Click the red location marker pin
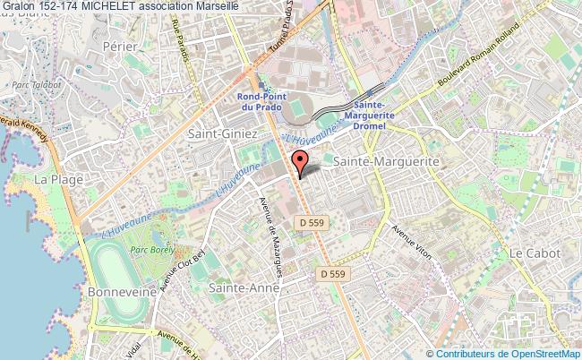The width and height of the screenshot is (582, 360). (x=300, y=162)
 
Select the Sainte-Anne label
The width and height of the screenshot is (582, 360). (x=244, y=288)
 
